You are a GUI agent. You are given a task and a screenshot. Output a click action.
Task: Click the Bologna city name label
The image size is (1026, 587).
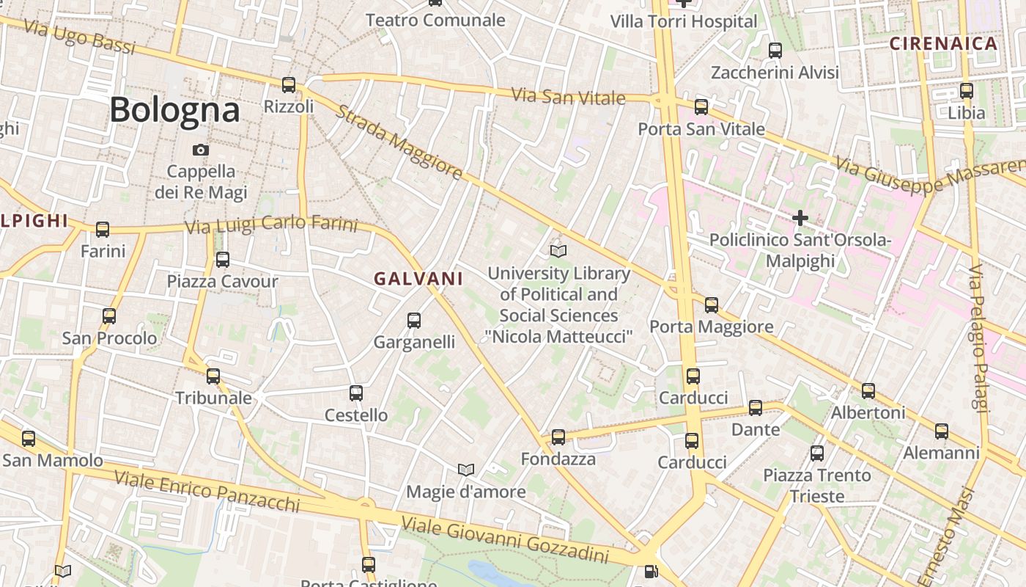pyautogui.click(x=174, y=110)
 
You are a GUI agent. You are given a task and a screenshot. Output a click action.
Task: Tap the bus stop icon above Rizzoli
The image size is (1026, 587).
pyautogui.click(x=289, y=85)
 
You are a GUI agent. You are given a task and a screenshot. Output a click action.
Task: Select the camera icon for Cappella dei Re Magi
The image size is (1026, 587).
pyautogui.click(x=200, y=150)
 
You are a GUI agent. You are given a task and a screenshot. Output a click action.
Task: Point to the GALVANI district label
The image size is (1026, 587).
pyautogui.click(x=418, y=279)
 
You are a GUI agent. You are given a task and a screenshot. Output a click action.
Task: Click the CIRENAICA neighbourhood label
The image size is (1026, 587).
pyautogui.click(x=944, y=43)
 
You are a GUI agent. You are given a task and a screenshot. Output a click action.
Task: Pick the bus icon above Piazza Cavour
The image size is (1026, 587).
pyautogui.click(x=222, y=260)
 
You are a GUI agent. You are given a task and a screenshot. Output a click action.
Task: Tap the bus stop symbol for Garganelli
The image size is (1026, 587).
pyautogui.click(x=414, y=321)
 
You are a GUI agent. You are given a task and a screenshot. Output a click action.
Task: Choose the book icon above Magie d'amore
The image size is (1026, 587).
pyautogui.click(x=466, y=470)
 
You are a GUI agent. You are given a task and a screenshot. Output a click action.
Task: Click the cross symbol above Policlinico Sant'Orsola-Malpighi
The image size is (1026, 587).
pyautogui.click(x=800, y=218)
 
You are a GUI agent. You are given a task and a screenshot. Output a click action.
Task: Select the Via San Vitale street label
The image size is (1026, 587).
pyautogui.click(x=569, y=96)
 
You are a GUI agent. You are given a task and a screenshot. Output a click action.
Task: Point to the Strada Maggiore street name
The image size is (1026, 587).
pyautogui.click(x=399, y=142)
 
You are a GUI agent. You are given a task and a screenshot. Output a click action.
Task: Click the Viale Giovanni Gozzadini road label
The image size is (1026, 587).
pyautogui.click(x=506, y=539)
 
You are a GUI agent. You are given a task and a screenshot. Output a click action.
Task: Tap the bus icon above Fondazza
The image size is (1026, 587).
pyautogui.click(x=558, y=437)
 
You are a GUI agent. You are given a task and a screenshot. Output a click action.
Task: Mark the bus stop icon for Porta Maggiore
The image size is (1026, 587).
pyautogui.click(x=712, y=305)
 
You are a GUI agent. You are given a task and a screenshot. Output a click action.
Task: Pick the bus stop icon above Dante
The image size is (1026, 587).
pyautogui.click(x=756, y=408)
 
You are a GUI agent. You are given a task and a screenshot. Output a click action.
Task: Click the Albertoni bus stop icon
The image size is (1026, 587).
pyautogui.click(x=868, y=391)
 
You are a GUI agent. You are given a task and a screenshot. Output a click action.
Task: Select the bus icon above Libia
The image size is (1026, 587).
pyautogui.click(x=967, y=92)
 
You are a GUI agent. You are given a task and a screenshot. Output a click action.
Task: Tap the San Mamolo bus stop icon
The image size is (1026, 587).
pyautogui.click(x=29, y=439)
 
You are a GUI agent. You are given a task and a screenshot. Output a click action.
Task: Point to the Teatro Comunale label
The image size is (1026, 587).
pyautogui.click(x=435, y=20)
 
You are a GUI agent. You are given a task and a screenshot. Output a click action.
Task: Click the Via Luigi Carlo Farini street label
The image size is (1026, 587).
pyautogui.click(x=271, y=224)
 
